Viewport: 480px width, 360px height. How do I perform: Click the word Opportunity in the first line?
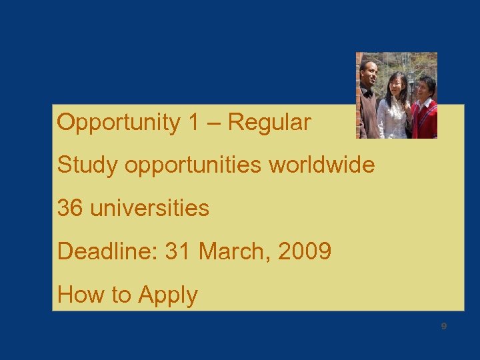coord(119,123)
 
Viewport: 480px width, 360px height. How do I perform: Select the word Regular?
coord(270,123)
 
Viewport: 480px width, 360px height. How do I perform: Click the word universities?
coord(149,208)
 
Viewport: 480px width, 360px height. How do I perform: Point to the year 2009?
coord(305,251)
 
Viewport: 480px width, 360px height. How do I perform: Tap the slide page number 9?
coord(443,327)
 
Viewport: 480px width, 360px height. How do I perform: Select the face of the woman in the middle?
coord(397,85)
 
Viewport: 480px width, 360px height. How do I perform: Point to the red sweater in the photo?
coord(425,119)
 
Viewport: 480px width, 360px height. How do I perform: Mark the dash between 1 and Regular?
coord(217,123)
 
